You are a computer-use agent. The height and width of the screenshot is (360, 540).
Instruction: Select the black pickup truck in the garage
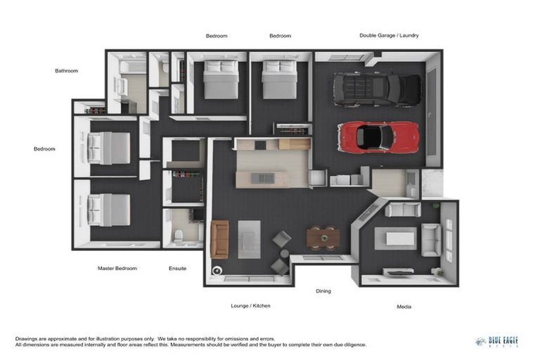pyautogui.click(x=376, y=89)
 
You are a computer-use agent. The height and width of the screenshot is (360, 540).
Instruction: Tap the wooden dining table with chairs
pyautogui.click(x=323, y=238)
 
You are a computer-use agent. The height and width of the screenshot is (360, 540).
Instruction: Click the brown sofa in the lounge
pyautogui.click(x=219, y=239)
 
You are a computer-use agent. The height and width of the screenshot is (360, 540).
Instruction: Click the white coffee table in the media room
pyautogui.click(x=399, y=239)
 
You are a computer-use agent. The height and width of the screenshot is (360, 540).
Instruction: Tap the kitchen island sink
pyautogui.click(x=262, y=178)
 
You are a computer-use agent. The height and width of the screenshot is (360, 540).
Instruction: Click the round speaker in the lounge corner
pyautogui.click(x=217, y=271)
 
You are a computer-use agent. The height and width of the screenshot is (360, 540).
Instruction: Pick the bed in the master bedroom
pyautogui.click(x=110, y=210)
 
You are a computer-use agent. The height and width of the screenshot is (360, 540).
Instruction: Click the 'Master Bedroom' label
pyautogui.click(x=117, y=268)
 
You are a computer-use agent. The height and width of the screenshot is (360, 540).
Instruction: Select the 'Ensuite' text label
pyautogui.click(x=178, y=268)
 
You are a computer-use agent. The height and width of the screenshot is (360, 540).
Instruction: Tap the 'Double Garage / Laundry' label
pyautogui.click(x=389, y=35)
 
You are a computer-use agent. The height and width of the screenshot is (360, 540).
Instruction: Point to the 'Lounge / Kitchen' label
pyautogui.click(x=250, y=306)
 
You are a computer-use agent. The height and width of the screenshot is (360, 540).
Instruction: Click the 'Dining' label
pyautogui.click(x=323, y=290)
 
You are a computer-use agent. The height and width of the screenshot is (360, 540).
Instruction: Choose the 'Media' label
pyautogui.click(x=404, y=307)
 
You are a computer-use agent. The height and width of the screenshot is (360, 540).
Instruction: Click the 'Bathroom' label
pyautogui.click(x=67, y=70)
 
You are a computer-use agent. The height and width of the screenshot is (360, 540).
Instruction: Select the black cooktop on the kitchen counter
pyautogui.click(x=260, y=145)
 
